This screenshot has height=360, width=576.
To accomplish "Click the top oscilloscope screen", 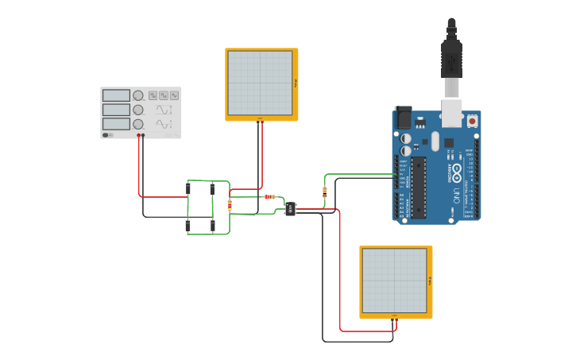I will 260,83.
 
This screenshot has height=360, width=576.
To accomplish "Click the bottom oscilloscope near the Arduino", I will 395,281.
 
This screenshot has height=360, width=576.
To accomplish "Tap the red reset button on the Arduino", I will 472,121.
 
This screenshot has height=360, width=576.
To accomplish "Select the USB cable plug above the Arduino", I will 451,60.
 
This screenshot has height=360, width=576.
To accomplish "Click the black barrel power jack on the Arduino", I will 404,118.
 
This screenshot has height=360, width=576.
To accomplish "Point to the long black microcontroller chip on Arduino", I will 418,187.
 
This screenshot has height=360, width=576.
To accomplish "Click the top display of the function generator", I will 116,95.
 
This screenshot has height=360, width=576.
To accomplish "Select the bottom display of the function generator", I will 116,124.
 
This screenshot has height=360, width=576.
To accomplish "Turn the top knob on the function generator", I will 138,95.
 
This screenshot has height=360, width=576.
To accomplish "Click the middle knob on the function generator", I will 138,110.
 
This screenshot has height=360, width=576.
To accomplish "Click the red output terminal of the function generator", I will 139,136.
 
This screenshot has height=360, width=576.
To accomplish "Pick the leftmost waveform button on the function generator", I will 153,95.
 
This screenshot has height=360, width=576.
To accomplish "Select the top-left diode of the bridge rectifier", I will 188,188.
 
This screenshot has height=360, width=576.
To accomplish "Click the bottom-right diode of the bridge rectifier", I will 213,226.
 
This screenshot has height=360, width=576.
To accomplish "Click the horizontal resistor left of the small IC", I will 269,196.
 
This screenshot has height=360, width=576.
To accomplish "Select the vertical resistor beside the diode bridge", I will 230,205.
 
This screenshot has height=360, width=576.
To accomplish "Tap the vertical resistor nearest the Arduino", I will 324,191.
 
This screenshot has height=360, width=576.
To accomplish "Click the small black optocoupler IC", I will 290,209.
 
